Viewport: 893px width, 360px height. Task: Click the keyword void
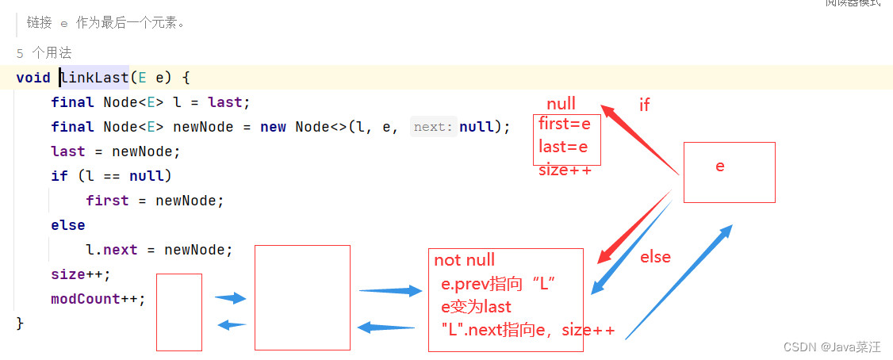[x=33, y=78]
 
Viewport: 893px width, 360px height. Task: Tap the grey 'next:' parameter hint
[x=434, y=127]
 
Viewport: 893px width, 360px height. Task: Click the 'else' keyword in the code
[x=68, y=225]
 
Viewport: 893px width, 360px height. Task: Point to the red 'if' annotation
[x=644, y=105]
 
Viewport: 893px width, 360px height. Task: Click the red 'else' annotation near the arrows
[x=655, y=257]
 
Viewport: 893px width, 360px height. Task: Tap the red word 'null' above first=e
[x=561, y=104]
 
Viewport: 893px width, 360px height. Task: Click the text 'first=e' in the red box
[x=565, y=124]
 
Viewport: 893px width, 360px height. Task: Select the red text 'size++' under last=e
[x=565, y=170]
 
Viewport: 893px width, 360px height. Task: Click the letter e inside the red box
[x=720, y=167]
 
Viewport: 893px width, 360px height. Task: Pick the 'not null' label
[x=464, y=260]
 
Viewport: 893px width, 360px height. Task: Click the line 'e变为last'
[x=476, y=307]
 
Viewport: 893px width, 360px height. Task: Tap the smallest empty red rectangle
[x=179, y=312]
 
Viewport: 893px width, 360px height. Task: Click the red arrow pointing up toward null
[x=639, y=140]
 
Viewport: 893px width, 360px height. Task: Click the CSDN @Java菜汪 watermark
[x=831, y=347]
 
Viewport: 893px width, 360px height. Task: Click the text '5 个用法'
[x=44, y=53]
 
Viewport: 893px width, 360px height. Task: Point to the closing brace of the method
[x=21, y=324]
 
